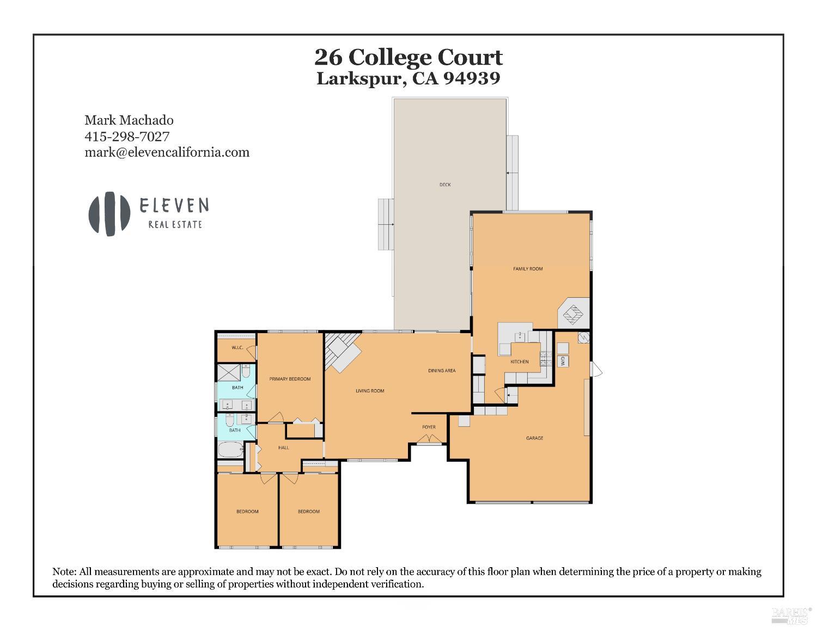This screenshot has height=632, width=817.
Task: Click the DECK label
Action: (445, 185)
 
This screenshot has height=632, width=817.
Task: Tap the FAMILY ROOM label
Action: (528, 268)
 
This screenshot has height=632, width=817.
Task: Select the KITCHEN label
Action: (519, 361)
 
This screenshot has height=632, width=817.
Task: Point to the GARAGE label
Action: (534, 438)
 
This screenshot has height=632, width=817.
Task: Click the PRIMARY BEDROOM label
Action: (290, 379)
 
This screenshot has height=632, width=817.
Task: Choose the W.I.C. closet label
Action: (237, 347)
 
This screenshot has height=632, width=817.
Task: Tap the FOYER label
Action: (429, 427)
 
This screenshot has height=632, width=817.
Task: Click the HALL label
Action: (283, 447)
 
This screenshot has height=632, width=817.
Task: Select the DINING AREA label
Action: (441, 371)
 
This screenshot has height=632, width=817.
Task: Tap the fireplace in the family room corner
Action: (573, 314)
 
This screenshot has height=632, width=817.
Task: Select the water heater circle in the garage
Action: (583, 338)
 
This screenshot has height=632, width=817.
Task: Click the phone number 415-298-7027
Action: (127, 136)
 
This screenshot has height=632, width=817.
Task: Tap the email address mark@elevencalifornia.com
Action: (167, 152)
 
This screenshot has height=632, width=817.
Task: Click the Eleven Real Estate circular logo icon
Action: (109, 213)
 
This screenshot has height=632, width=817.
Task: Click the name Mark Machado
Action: (129, 120)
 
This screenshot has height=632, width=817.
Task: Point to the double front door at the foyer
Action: (429, 440)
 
